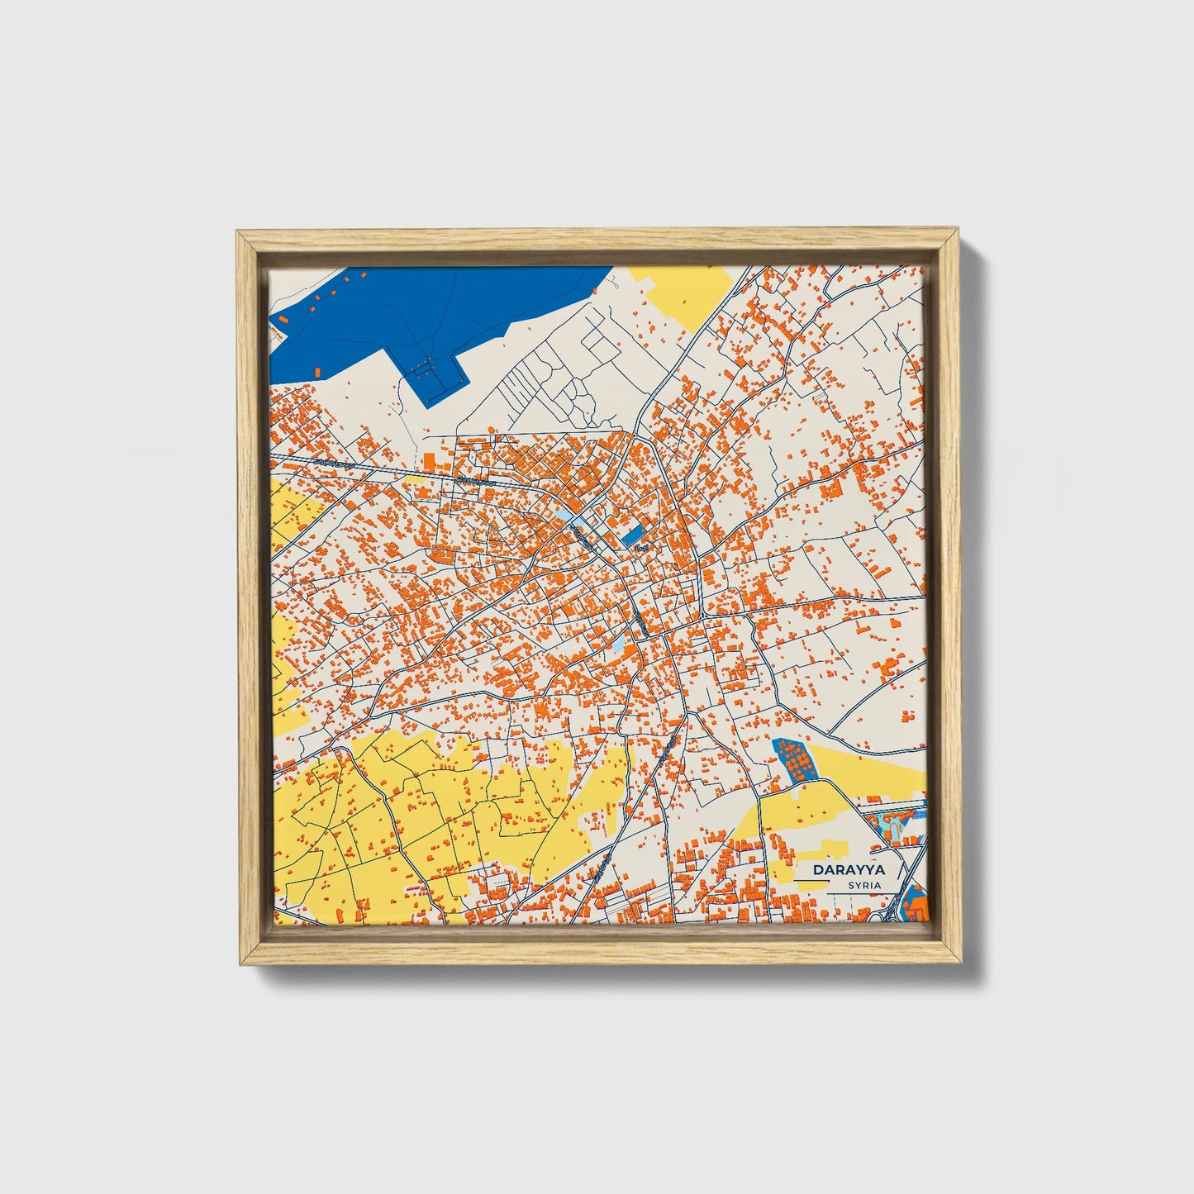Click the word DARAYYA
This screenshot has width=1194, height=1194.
pos(848,869)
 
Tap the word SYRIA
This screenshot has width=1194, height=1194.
pos(863,885)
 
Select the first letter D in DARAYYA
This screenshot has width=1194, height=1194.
pos(817,869)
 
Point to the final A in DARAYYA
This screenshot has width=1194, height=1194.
pos(879,869)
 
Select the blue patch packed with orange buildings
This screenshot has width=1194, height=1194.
pos(792,760)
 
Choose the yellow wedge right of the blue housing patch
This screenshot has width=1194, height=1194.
pos(868,764)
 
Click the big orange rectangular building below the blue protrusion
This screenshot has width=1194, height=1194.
pos(428,462)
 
